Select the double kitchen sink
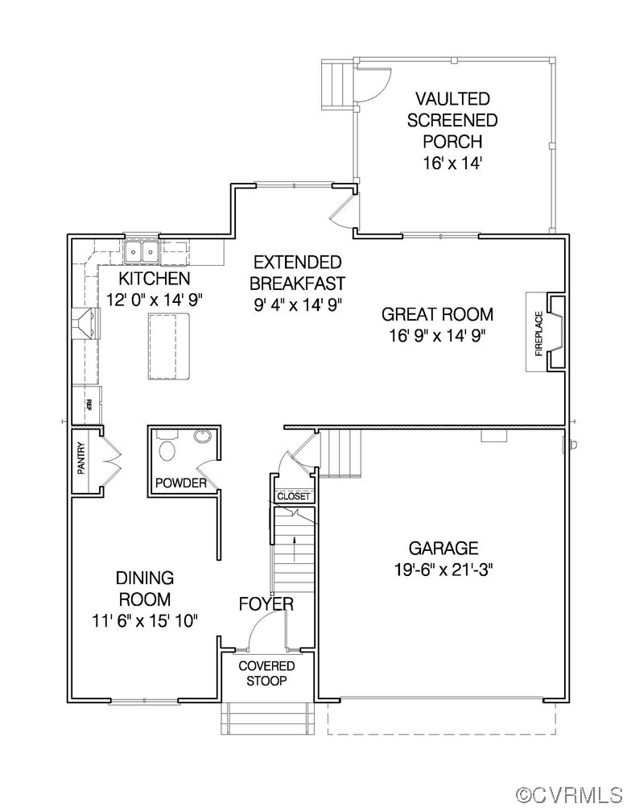(x=142, y=252)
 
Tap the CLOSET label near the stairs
(x=292, y=497)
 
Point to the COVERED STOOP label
(x=266, y=673)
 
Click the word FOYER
(x=266, y=604)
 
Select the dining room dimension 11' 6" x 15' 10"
(x=144, y=620)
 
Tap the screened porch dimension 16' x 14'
(x=452, y=164)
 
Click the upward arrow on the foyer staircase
(x=294, y=547)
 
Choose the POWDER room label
(x=180, y=483)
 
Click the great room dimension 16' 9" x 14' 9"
(x=437, y=335)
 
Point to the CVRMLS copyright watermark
(x=569, y=795)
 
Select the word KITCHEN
(x=154, y=279)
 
